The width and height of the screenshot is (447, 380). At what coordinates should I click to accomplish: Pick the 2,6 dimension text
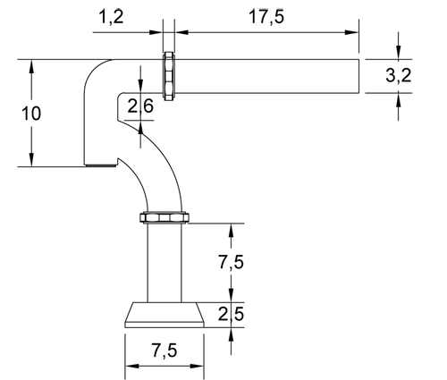coord(140,107)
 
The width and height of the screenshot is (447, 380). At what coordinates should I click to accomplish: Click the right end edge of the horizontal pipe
coord(359,76)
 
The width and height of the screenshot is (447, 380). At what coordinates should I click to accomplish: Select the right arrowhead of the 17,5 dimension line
coord(354,33)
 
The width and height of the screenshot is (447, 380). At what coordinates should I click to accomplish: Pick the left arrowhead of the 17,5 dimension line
coord(177,33)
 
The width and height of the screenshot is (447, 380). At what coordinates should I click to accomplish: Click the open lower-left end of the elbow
coord(101,165)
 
